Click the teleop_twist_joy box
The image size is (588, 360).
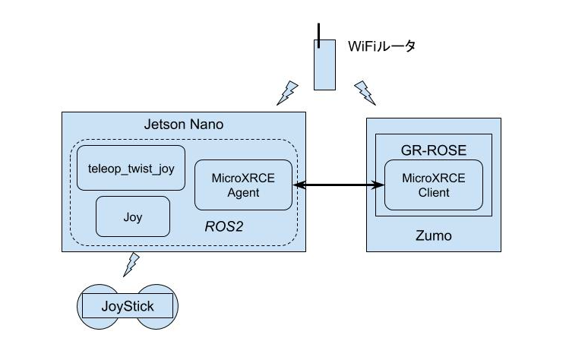[x=131, y=168]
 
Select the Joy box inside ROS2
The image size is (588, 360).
[x=132, y=216]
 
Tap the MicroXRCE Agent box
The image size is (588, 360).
[x=244, y=185]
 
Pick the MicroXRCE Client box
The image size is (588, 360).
[x=433, y=185]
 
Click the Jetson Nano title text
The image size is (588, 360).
[x=183, y=125]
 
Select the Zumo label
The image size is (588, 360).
[x=434, y=235]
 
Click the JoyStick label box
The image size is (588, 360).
[x=128, y=307]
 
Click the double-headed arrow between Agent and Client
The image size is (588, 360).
[x=339, y=185]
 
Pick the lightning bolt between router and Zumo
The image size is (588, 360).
[x=365, y=92]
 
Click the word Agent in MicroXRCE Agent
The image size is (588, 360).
[x=243, y=192]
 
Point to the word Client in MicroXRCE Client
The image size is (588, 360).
[x=433, y=192]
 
